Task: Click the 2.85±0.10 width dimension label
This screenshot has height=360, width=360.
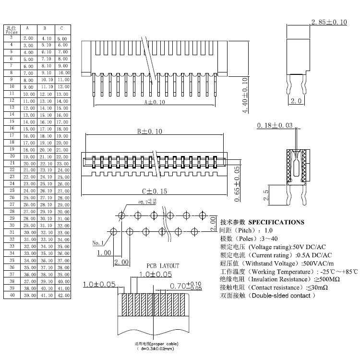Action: coord(329,22)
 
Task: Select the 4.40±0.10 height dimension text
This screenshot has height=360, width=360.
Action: coord(245,95)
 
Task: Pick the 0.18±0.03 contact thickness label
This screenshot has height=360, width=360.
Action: coord(275,125)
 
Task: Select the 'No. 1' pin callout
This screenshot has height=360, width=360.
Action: coord(98,242)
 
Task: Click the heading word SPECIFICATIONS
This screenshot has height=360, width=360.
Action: coord(276,222)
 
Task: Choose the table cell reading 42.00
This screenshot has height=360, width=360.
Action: coord(63,295)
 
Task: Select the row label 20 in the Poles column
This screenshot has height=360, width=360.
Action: coord(11,156)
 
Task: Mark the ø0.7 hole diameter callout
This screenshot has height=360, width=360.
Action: coord(146,203)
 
